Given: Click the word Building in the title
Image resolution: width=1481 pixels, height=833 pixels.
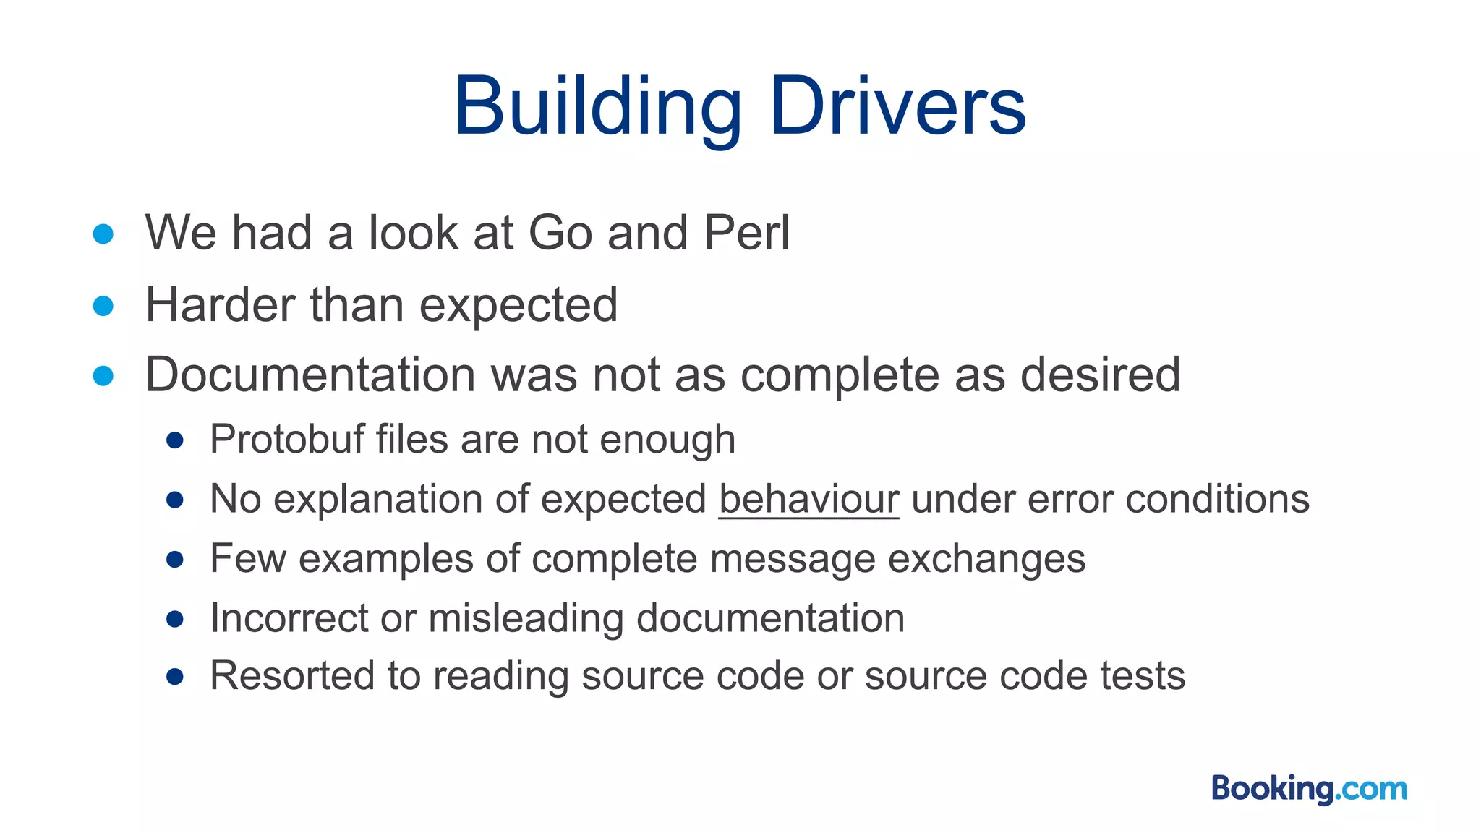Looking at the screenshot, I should pyautogui.click(x=598, y=107).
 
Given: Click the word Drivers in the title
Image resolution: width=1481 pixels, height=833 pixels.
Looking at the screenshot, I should pyautogui.click(x=897, y=107).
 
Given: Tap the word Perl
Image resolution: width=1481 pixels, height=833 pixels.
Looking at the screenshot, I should pyautogui.click(x=747, y=233).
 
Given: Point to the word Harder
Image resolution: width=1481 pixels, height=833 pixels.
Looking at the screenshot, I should pyautogui.click(x=221, y=304).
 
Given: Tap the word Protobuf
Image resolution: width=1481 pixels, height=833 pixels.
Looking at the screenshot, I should pyautogui.click(x=287, y=440).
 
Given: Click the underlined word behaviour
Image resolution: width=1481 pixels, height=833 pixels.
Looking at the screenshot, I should pyautogui.click(x=808, y=499).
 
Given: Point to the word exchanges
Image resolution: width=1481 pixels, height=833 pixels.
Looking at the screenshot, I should pyautogui.click(x=986, y=559).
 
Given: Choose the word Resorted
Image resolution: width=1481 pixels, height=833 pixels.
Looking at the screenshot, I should pyautogui.click(x=292, y=676).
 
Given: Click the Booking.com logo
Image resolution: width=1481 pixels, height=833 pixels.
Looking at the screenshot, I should pyautogui.click(x=1309, y=788).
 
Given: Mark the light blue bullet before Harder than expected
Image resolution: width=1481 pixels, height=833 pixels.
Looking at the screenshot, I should pyautogui.click(x=103, y=306).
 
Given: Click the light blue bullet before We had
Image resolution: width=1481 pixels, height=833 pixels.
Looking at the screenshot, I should pyautogui.click(x=103, y=234).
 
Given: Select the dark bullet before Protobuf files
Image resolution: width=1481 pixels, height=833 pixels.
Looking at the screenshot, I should pyautogui.click(x=174, y=440).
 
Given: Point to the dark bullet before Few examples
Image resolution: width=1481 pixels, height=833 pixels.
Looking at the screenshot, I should pyautogui.click(x=174, y=560).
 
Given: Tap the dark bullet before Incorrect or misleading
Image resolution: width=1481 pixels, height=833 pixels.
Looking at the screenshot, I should pyautogui.click(x=174, y=619).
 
